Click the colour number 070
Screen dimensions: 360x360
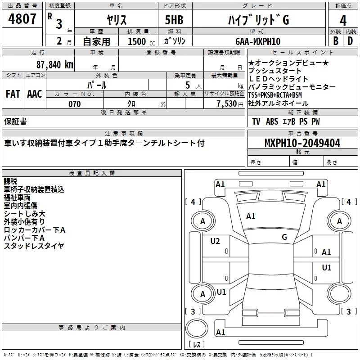[x=74, y=104]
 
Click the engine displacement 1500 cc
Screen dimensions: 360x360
[x=137, y=41]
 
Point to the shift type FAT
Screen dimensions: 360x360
[x=13, y=94]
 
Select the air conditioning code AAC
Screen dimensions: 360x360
[x=35, y=94]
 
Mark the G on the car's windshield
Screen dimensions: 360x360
[x=284, y=237]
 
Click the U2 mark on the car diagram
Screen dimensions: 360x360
[x=215, y=241]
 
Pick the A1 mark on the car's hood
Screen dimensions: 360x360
[x=251, y=216]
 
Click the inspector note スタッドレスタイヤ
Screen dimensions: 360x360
[x=34, y=246]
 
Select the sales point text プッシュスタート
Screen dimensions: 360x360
[x=275, y=71]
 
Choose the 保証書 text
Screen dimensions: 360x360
[x=15, y=121]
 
